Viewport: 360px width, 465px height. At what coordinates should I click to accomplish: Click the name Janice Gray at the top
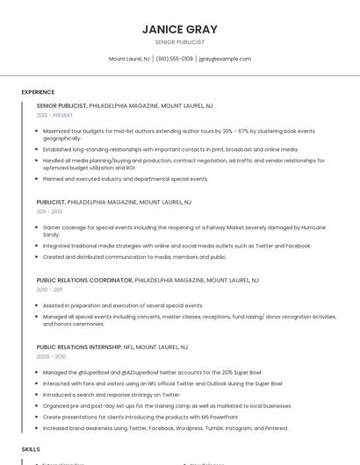coord(179,29)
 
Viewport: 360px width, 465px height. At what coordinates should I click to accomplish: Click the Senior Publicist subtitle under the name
coord(179,42)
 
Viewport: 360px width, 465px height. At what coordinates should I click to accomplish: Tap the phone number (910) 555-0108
coord(175,59)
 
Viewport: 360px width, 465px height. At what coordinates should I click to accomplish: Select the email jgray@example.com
coord(225,59)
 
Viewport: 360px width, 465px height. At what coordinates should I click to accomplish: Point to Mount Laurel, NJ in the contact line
coord(129,59)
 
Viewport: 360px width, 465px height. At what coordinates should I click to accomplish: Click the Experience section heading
coord(38,92)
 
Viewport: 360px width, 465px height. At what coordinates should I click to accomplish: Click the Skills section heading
coord(31,448)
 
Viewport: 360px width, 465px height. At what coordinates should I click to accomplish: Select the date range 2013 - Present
coord(55,115)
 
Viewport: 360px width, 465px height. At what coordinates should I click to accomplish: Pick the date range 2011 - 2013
coord(49,211)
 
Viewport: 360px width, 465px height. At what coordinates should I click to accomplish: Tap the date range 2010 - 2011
coord(49,289)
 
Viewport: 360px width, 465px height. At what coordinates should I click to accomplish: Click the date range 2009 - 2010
coord(51,356)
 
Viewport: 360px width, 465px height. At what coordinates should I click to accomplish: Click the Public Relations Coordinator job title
coord(84,280)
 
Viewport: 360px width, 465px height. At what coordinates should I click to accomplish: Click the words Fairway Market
coord(200,227)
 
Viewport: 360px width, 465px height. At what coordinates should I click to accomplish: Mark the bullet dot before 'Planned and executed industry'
coord(38,179)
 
